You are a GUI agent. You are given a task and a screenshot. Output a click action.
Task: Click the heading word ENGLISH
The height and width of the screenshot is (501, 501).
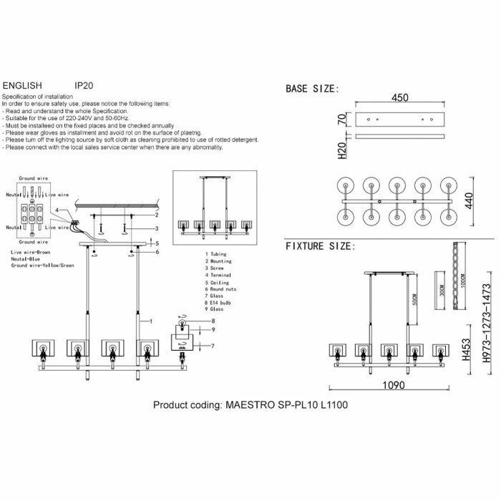pyautogui.click(x=23, y=84)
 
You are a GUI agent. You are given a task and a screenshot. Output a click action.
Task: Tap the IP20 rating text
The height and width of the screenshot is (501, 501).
pyautogui.click(x=84, y=84)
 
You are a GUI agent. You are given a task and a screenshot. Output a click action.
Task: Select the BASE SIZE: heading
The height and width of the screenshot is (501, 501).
pyautogui.click(x=312, y=89)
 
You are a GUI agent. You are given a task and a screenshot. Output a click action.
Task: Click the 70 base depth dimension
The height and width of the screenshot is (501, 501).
pyautogui.click(x=341, y=118)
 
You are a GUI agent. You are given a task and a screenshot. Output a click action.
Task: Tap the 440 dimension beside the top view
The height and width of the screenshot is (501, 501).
pyautogui.click(x=470, y=202)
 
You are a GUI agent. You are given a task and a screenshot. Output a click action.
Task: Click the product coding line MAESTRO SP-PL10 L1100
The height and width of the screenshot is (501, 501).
pyautogui.click(x=250, y=404)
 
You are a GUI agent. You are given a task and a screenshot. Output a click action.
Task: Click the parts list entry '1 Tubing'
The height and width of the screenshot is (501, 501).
pyautogui.click(x=218, y=254)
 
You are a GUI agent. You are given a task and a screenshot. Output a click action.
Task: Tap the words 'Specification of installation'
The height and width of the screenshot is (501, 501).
pyautogui.click(x=37, y=96)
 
